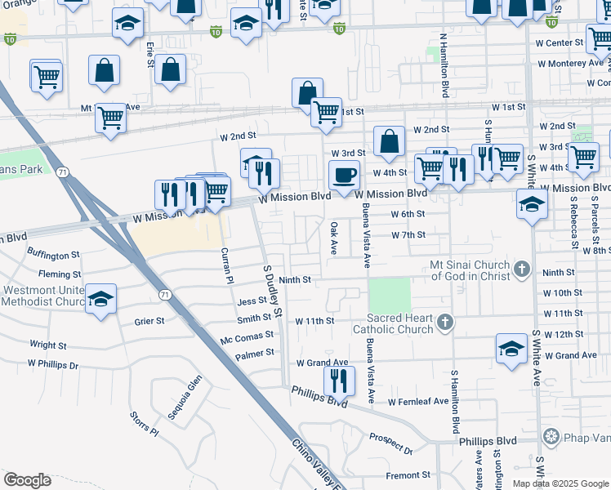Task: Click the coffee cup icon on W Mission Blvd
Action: [344, 175]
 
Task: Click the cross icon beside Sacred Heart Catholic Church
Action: [444, 322]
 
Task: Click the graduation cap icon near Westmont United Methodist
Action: [101, 299]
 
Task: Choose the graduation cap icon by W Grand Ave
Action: [511, 349]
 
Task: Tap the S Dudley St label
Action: [272, 290]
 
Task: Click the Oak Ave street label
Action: [333, 238]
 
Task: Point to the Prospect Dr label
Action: [391, 443]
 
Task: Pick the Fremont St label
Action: [408, 474]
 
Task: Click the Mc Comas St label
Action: [247, 336]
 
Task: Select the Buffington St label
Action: [53, 255]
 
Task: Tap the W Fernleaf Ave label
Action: [418, 401]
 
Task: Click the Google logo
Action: [27, 480]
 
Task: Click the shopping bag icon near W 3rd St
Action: [390, 141]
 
